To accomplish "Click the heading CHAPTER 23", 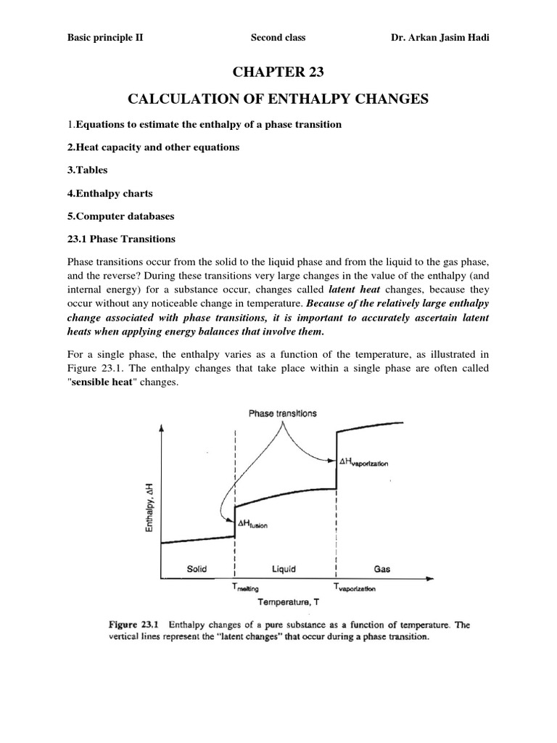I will coord(278,73).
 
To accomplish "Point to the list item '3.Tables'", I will coord(85,171).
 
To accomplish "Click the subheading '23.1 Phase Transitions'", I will coord(120,239).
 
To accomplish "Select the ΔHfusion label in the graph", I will coord(248,525).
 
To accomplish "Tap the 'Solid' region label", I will coord(197,569).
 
